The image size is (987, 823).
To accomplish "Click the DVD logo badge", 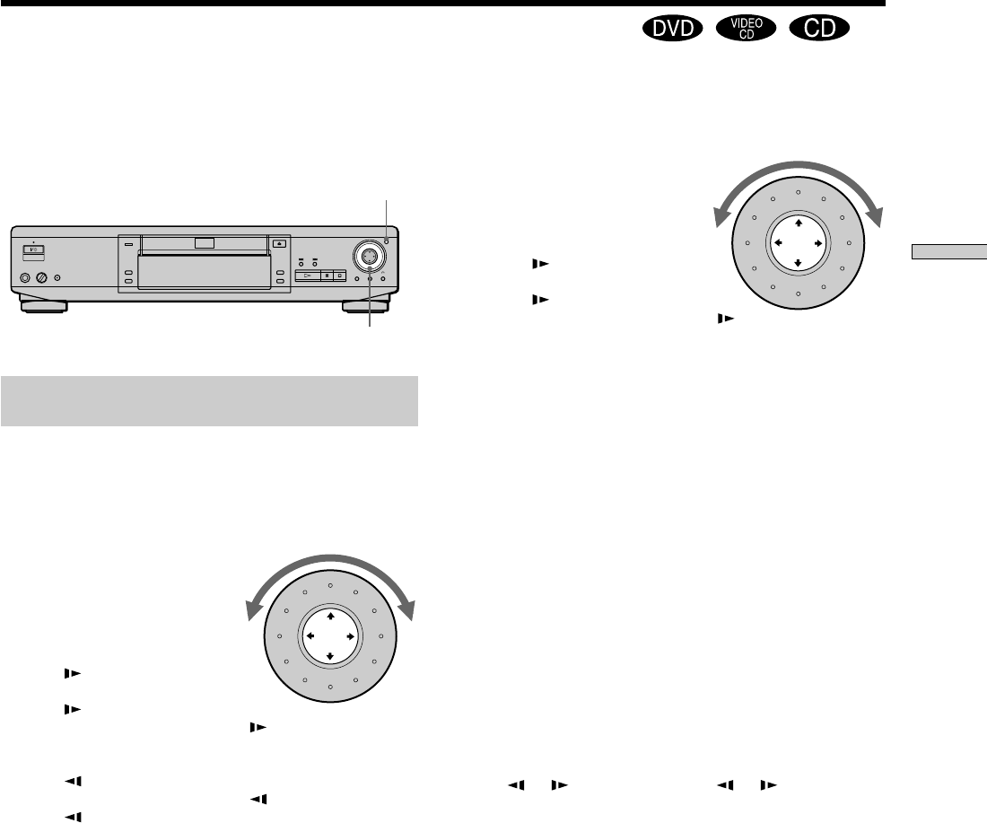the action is [672, 29].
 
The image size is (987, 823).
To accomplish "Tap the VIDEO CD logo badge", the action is [747, 29].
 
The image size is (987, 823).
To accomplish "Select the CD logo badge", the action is [819, 29].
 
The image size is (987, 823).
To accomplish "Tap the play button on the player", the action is [308, 276].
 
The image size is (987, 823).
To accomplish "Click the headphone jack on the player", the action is [25, 277].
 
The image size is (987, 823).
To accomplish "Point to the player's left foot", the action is [43, 307].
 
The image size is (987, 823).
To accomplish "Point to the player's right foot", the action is [366, 307].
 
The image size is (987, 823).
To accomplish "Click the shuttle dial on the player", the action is [369, 255].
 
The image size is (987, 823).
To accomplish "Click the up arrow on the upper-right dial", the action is [799, 223].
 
